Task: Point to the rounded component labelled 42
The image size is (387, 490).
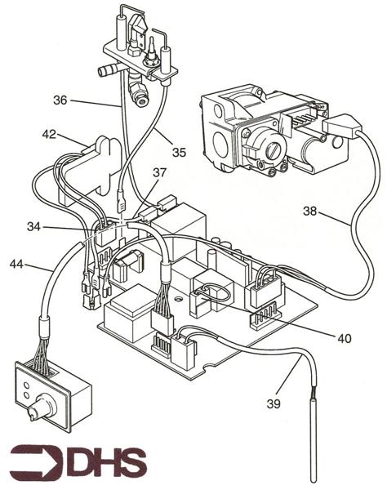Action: tap(103, 155)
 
